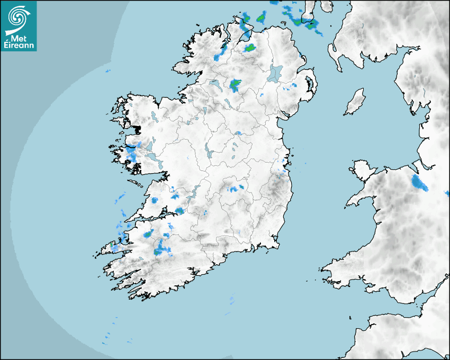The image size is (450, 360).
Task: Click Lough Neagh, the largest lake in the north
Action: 275,73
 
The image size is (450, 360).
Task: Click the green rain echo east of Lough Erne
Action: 235,85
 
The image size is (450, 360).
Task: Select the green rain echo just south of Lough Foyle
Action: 249,48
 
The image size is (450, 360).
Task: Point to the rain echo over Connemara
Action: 131,153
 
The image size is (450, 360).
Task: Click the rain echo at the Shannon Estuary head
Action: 179,211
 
